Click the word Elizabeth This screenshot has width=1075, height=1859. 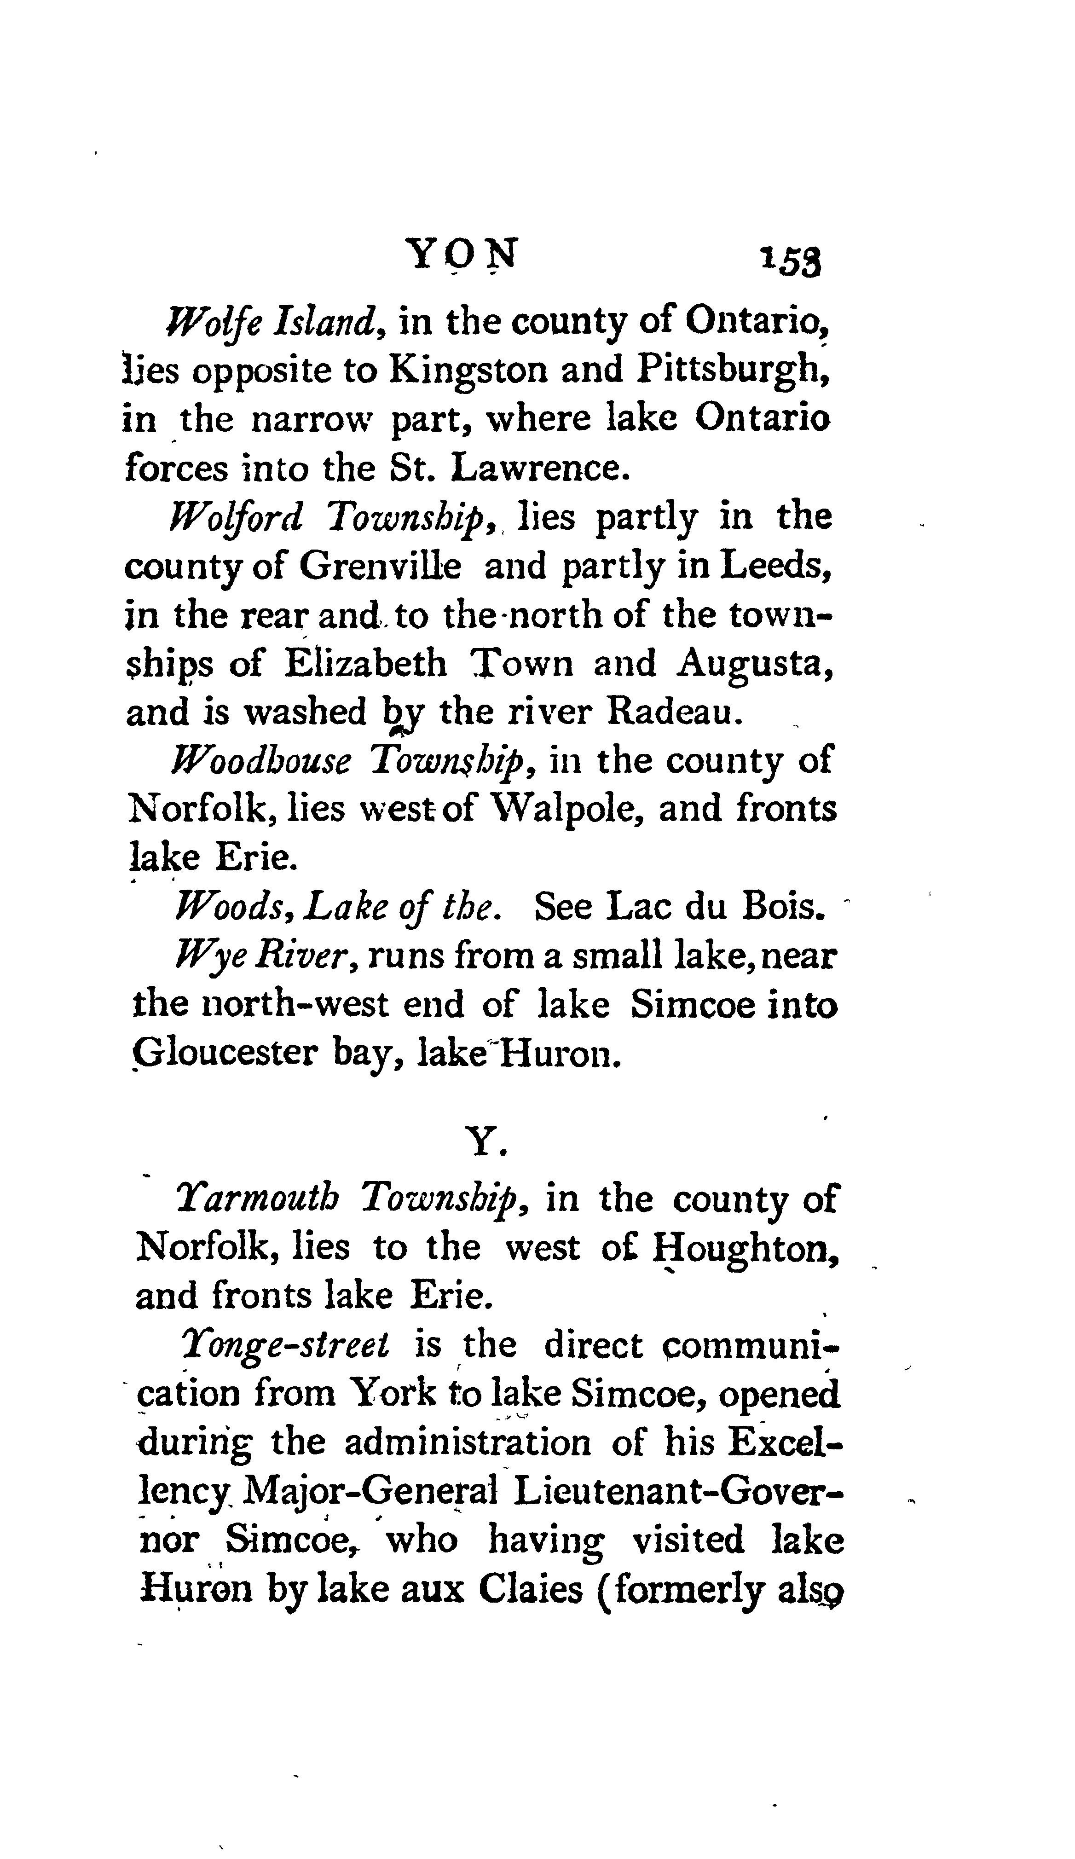366,664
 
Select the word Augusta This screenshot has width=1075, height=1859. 756,664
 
